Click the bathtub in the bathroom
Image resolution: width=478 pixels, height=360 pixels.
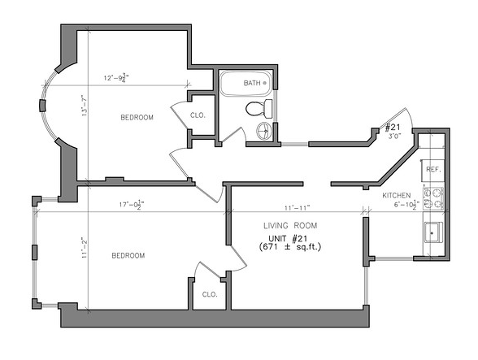pyautogui.click(x=246, y=83)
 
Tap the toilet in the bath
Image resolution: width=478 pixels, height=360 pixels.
pyautogui.click(x=259, y=109)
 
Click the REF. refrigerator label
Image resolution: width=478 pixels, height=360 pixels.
pyautogui.click(x=433, y=170)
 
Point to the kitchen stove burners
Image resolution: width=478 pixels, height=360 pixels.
pyautogui.click(x=433, y=198)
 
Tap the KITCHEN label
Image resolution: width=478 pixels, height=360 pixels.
pyautogui.click(x=397, y=195)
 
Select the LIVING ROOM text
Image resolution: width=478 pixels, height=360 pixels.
pyautogui.click(x=290, y=226)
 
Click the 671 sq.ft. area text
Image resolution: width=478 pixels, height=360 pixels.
pyautogui.click(x=290, y=247)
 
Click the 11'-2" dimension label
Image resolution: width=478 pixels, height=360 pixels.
pyautogui.click(x=85, y=248)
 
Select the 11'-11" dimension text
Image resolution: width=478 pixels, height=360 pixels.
pyautogui.click(x=298, y=207)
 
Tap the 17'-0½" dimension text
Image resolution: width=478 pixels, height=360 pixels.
pyautogui.click(x=132, y=205)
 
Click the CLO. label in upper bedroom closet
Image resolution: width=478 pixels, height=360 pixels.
pyautogui.click(x=198, y=115)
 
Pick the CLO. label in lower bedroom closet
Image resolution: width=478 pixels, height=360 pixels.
pyautogui.click(x=210, y=294)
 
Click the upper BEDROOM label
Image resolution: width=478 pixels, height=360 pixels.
pyautogui.click(x=137, y=117)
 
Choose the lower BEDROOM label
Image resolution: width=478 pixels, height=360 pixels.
pyautogui.click(x=128, y=255)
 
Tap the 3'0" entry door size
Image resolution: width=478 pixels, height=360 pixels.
pyautogui.click(x=393, y=136)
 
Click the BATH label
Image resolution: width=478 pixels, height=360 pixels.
pyautogui.click(x=252, y=83)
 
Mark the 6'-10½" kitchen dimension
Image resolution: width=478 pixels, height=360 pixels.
pyautogui.click(x=406, y=205)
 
